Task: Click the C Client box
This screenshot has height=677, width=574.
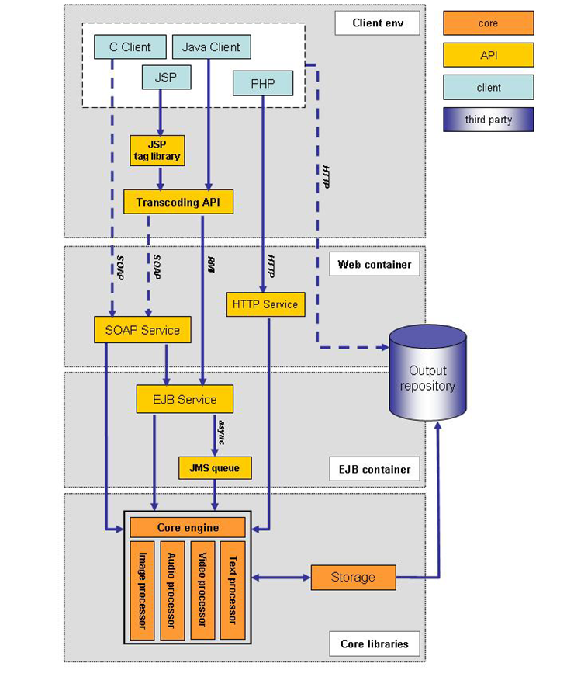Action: [x=130, y=47]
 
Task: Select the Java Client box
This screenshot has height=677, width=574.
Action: [x=211, y=47]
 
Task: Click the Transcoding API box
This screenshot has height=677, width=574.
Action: [x=178, y=202]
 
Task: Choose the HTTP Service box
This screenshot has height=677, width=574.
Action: [x=265, y=304]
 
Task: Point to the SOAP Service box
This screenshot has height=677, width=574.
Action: [x=142, y=330]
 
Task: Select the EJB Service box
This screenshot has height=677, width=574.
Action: [x=185, y=399]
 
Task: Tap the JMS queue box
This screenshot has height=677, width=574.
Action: [x=215, y=468]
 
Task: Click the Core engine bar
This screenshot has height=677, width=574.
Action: [x=188, y=528]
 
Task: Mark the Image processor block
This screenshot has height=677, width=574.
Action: [x=143, y=590]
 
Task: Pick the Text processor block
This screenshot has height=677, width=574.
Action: [x=232, y=590]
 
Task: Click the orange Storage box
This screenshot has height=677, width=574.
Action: [x=353, y=577]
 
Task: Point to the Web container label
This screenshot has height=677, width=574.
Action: [x=375, y=265]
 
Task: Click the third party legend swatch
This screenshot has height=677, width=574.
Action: [x=489, y=120]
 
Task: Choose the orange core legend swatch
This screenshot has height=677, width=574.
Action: [x=489, y=23]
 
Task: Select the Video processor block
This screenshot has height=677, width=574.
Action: [x=202, y=590]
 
